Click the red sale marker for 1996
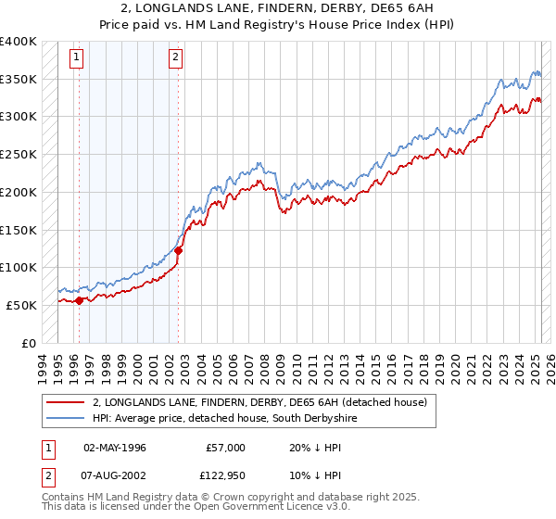click(x=80, y=299)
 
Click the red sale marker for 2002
click(x=179, y=249)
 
